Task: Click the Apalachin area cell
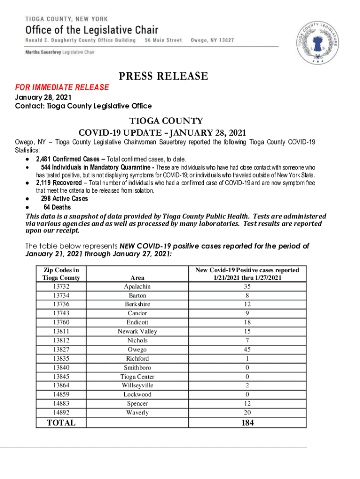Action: click(x=137, y=286)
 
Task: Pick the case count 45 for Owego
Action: click(x=247, y=349)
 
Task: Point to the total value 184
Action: click(x=247, y=422)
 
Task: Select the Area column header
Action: click(x=137, y=277)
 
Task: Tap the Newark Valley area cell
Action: click(x=137, y=332)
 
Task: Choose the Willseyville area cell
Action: click(x=137, y=385)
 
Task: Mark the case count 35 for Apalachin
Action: click(x=247, y=286)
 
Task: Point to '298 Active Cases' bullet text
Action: click(x=64, y=199)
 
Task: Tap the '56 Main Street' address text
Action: click(x=163, y=40)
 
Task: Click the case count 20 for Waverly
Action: click(x=247, y=412)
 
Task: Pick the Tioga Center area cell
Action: click(x=137, y=377)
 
